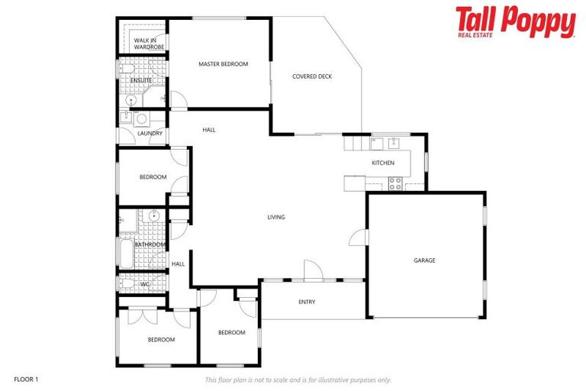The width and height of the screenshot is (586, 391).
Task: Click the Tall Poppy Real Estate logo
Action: click(515, 22)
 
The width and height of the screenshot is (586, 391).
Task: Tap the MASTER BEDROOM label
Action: click(223, 64)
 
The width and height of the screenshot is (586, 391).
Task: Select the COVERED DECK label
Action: click(312, 76)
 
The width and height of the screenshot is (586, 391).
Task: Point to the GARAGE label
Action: click(424, 260)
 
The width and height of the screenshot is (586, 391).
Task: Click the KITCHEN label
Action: click(382, 163)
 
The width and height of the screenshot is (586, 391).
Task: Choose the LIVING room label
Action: click(275, 218)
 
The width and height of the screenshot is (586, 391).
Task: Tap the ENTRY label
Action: click(307, 302)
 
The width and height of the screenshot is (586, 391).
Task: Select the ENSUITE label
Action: click(141, 80)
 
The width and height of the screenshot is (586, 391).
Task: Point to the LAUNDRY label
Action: click(150, 134)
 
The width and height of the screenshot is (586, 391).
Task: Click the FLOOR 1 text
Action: click(26, 379)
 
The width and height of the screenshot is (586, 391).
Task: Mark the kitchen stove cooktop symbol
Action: click(395, 183)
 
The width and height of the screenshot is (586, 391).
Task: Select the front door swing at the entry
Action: click(312, 270)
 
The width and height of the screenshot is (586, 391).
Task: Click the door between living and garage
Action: click(359, 238)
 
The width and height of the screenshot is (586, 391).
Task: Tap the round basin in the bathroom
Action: click(153, 216)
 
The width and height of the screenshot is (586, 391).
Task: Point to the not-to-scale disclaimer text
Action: click(298, 380)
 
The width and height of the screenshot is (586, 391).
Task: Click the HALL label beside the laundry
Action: click(208, 130)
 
